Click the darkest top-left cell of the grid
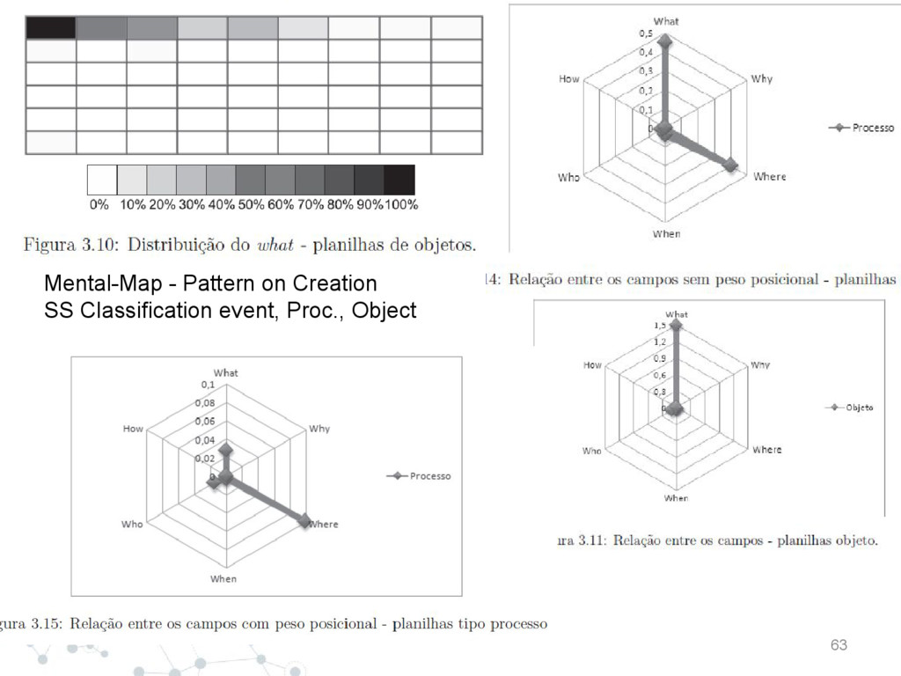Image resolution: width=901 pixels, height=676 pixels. pyautogui.click(x=50, y=27)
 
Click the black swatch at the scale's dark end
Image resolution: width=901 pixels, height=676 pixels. pyautogui.click(x=399, y=180)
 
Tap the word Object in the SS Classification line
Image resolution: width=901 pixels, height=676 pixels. pyautogui.click(x=384, y=311)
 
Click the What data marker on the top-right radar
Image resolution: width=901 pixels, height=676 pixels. pyautogui.click(x=665, y=41)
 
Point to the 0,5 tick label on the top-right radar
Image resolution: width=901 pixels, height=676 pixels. pyautogui.click(x=646, y=33)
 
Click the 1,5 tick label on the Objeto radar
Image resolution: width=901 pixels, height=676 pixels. pyautogui.click(x=658, y=325)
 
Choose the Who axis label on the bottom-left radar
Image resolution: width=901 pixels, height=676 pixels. pyautogui.click(x=132, y=524)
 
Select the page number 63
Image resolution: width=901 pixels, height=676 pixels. pyautogui.click(x=839, y=646)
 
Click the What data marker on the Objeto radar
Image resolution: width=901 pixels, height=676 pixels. pyautogui.click(x=676, y=324)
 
